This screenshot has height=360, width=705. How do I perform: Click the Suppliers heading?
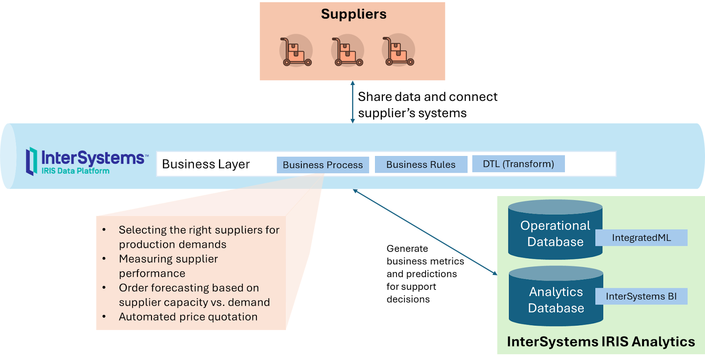[353, 14]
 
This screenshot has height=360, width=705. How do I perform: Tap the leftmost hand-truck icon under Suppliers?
[296, 51]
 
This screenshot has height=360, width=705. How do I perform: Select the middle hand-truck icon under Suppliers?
[347, 51]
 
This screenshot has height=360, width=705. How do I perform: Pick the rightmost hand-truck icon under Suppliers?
[398, 51]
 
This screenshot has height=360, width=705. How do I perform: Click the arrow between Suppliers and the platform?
[352, 102]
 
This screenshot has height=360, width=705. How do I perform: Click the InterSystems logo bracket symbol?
[31, 161]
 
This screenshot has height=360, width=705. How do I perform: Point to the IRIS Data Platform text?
[75, 171]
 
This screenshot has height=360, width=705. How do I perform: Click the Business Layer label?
[206, 164]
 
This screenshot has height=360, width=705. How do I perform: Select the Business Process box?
[323, 165]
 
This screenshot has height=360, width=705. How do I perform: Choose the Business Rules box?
[421, 164]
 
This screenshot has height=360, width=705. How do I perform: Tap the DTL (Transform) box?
[518, 164]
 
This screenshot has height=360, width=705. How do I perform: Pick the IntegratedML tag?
[641, 238]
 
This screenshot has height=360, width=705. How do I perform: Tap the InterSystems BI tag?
[641, 296]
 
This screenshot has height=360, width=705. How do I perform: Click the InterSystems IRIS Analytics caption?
[601, 342]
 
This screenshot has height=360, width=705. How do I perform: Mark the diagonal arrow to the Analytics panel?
[425, 232]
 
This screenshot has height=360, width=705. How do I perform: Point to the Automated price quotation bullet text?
[188, 317]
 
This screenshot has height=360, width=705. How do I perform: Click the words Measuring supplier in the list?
[168, 259]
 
